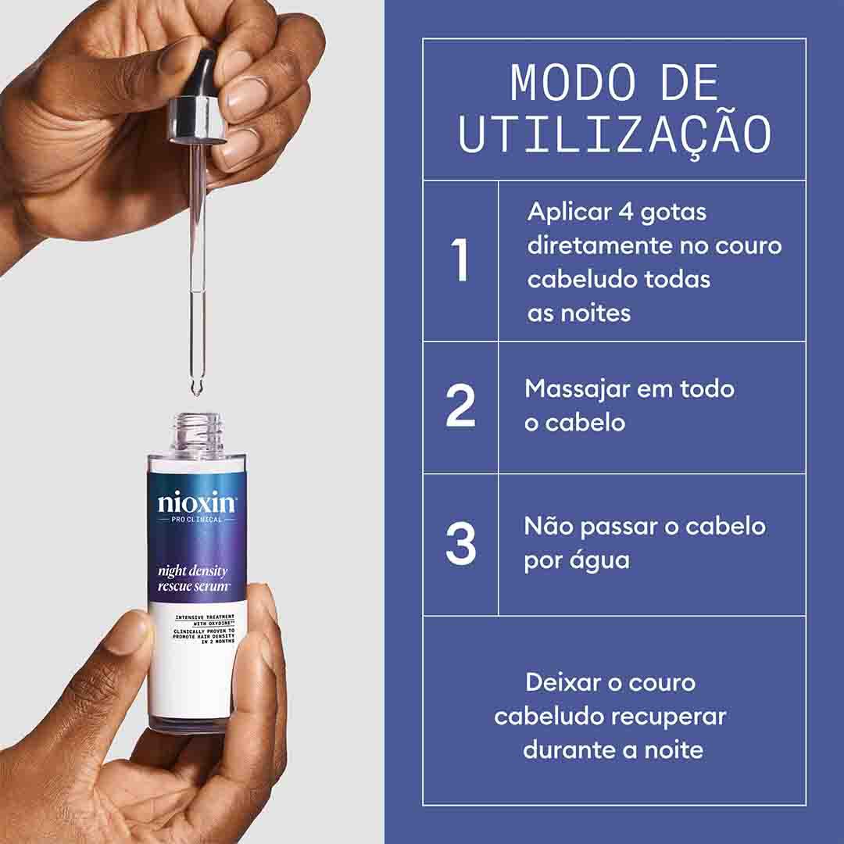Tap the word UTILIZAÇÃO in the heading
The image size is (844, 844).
pyautogui.click(x=615, y=134)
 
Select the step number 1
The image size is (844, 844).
pyautogui.click(x=460, y=259)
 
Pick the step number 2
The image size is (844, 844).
pyautogui.click(x=461, y=406)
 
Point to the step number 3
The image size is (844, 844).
pyautogui.click(x=461, y=542)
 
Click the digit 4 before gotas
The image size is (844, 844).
pyautogui.click(x=625, y=211)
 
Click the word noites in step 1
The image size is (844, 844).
pyautogui.click(x=595, y=313)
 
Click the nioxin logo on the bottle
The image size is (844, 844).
pyautogui.click(x=197, y=502)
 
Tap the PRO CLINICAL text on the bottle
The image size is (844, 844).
pyautogui.click(x=196, y=520)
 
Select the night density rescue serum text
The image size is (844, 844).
pyautogui.click(x=193, y=578)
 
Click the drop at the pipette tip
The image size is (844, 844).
pyautogui.click(x=196, y=388)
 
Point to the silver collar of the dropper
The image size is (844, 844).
pyautogui.click(x=196, y=120)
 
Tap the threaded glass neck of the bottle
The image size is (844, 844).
pyautogui.click(x=198, y=431)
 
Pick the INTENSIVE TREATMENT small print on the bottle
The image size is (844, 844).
pyautogui.click(x=205, y=617)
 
